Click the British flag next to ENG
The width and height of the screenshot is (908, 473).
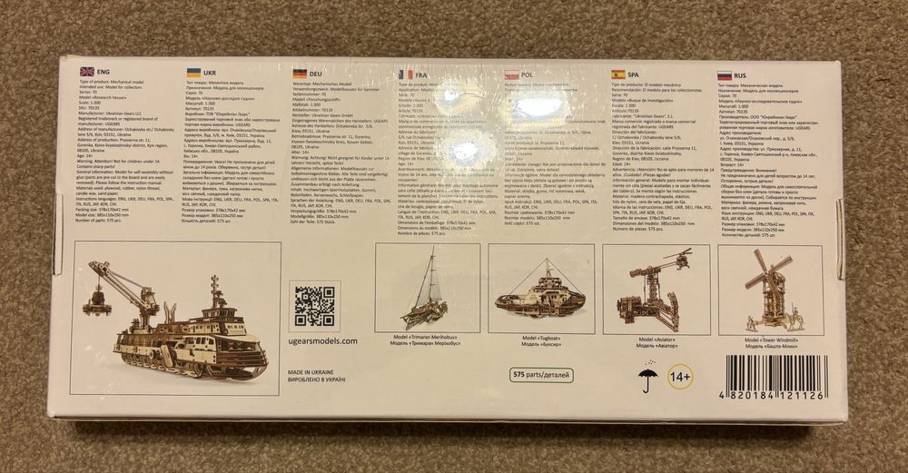(87, 71)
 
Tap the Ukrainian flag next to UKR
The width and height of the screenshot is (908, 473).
(193, 72)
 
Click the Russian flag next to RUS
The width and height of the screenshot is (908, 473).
(725, 75)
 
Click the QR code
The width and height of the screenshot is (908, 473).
(314, 307)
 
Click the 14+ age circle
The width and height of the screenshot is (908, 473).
(680, 374)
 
